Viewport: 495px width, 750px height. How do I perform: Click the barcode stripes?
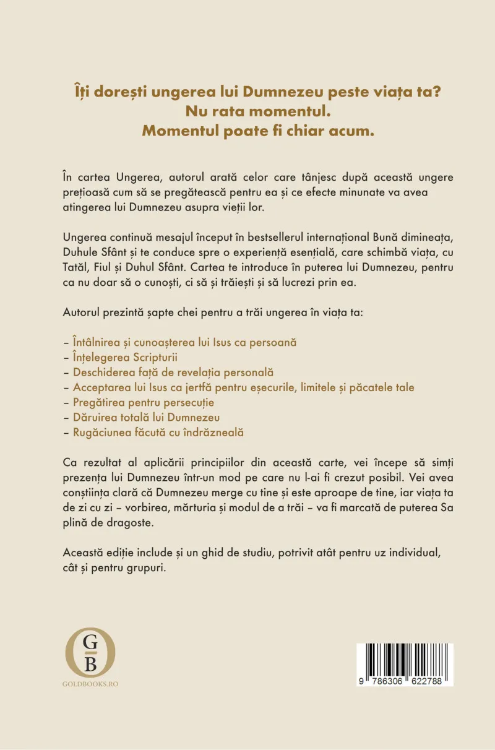(x=405, y=660)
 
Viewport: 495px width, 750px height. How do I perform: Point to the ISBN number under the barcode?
(x=405, y=681)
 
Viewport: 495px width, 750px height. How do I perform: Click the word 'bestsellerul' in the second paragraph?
(x=287, y=252)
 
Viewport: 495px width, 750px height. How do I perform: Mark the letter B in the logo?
(x=90, y=664)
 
